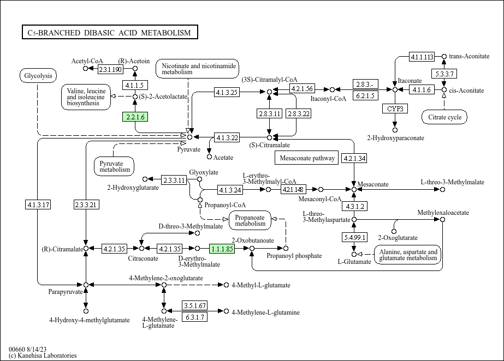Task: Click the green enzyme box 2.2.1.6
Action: [x=135, y=117]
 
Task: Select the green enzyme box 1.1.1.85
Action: [x=222, y=249]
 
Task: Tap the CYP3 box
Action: [x=395, y=109]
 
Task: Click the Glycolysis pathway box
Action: [x=38, y=76]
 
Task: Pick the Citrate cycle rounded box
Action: [x=444, y=117]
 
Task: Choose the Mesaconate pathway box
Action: [x=307, y=158]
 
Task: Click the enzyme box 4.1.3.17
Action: [x=38, y=204]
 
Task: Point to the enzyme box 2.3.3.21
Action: [x=86, y=204]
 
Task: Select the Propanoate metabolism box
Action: [x=250, y=220]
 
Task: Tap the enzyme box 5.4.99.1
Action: [x=354, y=237]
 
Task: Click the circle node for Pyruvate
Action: [x=189, y=137]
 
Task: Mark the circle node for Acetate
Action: [x=209, y=157]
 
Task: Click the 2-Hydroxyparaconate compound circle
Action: [x=395, y=130]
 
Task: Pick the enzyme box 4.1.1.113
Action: [x=422, y=57]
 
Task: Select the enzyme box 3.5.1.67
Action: [x=195, y=305]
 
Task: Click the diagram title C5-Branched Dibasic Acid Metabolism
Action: [x=110, y=32]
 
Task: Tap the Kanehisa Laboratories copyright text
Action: [x=43, y=356]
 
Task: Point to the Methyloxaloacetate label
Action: [x=443, y=213]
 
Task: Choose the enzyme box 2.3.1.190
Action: [x=110, y=69]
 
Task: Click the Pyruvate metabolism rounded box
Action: [x=115, y=166]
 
